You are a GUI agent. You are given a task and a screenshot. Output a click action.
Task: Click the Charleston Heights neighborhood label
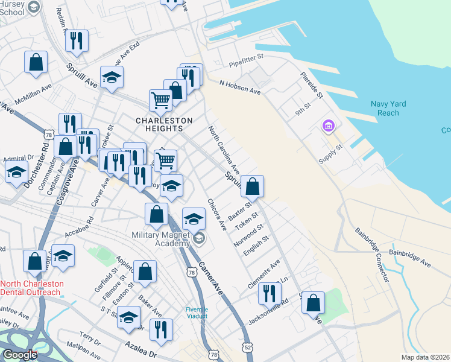point(163,124)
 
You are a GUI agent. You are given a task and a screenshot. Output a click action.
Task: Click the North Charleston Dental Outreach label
point(31,288)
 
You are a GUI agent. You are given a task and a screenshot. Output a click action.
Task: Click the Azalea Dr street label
point(141,349)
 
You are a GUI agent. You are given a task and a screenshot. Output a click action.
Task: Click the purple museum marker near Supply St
point(329,126)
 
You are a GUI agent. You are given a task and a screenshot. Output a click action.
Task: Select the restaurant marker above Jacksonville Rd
point(269,293)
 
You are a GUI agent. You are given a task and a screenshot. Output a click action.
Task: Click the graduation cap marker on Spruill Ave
point(112,77)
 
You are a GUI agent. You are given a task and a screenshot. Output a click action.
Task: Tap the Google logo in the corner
point(19,355)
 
